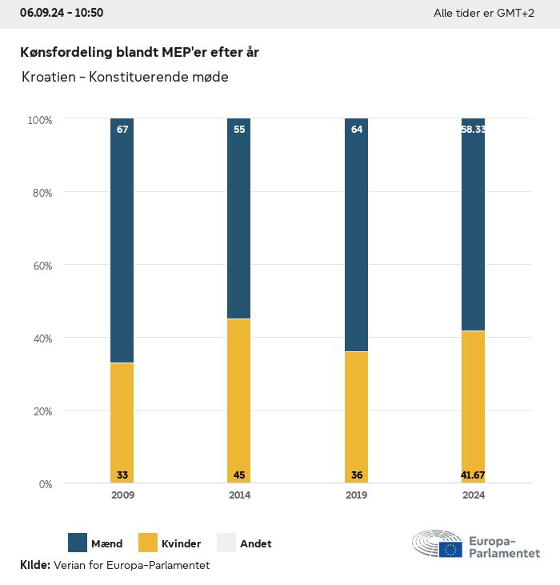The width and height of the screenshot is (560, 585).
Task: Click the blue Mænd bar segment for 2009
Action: tap(122, 240)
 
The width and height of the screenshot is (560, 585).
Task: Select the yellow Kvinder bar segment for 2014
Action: tap(239, 400)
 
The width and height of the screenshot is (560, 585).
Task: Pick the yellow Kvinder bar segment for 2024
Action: tap(474, 407)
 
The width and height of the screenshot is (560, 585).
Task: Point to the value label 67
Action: tap(122, 130)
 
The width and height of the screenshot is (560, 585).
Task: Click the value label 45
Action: tap(239, 475)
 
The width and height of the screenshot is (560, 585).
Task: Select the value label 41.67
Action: tap(474, 475)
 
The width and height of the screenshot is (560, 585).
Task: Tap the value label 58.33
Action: tap(474, 130)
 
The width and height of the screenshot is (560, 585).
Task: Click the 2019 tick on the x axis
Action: tap(357, 495)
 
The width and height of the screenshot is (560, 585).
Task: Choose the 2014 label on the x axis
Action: tap(239, 495)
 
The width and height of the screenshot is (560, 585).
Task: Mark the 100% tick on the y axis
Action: tap(40, 120)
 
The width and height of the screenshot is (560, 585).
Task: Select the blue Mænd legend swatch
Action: tap(78, 543)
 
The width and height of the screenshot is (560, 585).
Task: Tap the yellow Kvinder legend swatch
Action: tap(149, 543)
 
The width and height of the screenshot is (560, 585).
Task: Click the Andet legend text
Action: tap(255, 544)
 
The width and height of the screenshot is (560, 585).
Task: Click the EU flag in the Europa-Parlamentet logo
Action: tap(450, 549)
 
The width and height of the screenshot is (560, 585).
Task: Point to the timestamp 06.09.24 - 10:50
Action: tap(62, 13)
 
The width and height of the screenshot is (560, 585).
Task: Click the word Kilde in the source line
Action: tap(34, 565)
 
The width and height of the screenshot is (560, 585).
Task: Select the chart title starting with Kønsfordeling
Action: tap(139, 52)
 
